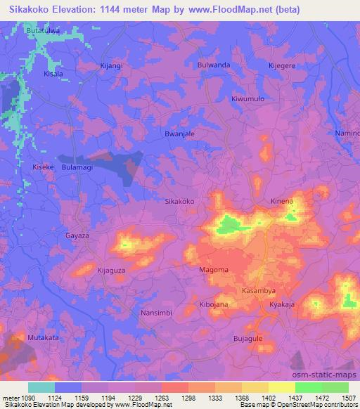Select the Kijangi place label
pos(111,65)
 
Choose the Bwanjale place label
pos(179,133)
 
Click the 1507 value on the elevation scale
pos(348,397)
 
